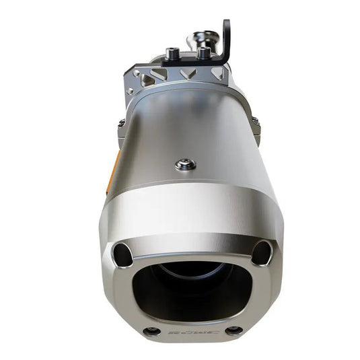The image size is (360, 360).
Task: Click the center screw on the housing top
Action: coord(185,164)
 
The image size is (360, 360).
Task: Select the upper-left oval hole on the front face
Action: coord(122,254)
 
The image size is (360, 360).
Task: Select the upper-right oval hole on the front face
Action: coord(260,254)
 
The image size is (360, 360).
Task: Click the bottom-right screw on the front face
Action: coord(233,330)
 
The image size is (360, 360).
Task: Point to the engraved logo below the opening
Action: coord(192,332)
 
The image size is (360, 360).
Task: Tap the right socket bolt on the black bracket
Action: coord(203,52)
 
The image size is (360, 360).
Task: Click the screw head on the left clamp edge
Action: coord(120,124)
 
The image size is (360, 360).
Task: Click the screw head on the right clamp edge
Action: coord(256,120)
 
